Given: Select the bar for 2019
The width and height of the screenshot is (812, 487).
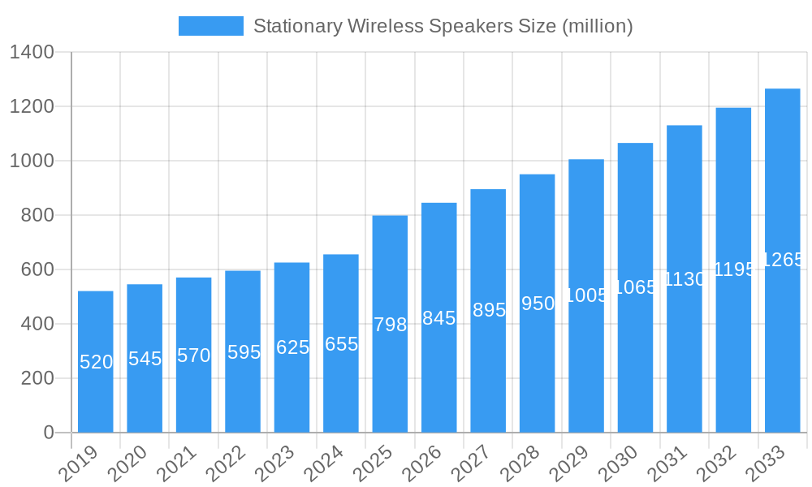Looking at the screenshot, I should (x=96, y=361).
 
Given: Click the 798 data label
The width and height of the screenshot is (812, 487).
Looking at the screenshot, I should (x=390, y=325).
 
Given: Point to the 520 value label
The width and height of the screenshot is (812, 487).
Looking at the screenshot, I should (x=96, y=362).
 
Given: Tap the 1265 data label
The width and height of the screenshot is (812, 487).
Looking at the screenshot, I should (x=782, y=260).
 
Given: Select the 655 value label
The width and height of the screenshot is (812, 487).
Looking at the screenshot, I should (x=341, y=344).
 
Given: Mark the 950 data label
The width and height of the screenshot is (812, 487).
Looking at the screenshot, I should (x=538, y=304).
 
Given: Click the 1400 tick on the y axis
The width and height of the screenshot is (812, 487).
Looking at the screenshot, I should (x=32, y=53).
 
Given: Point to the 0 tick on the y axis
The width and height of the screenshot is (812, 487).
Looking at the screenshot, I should (x=48, y=433).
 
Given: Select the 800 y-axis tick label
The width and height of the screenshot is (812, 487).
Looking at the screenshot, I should (x=37, y=216).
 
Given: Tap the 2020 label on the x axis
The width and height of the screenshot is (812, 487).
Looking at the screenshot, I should (x=128, y=464).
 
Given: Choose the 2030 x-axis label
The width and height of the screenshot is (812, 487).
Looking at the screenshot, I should (x=619, y=464).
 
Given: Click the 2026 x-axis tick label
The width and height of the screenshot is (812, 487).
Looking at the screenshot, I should (x=422, y=464).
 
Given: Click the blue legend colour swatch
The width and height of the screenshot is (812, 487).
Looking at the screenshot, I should (x=211, y=26).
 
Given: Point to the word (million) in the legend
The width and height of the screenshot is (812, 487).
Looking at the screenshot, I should (x=597, y=26).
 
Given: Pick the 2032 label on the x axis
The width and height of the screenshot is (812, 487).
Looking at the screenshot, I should (x=717, y=464).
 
